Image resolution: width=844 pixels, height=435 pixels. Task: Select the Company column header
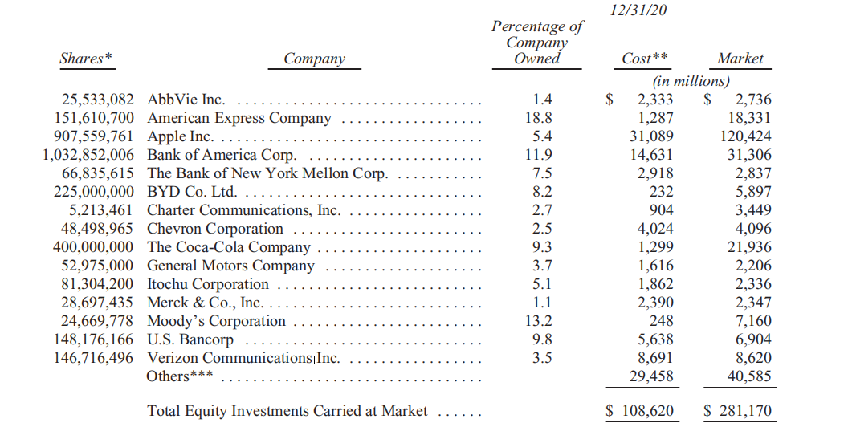pyautogui.click(x=315, y=59)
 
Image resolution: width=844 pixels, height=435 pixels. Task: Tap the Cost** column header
pyautogui.click(x=646, y=59)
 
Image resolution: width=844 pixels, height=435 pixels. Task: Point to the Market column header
pyautogui.click(x=740, y=59)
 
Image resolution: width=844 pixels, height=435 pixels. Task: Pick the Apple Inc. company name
pyautogui.click(x=180, y=136)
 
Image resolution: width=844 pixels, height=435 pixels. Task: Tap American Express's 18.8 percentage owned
pyautogui.click(x=543, y=118)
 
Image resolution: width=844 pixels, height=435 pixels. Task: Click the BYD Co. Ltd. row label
pyautogui.click(x=191, y=192)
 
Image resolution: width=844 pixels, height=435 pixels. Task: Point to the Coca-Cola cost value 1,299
pyautogui.click(x=655, y=247)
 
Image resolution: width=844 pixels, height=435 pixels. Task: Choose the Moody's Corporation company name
pyautogui.click(x=216, y=321)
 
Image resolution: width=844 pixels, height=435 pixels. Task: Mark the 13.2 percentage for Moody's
pyautogui.click(x=543, y=321)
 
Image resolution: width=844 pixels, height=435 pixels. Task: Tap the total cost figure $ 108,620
pyautogui.click(x=641, y=411)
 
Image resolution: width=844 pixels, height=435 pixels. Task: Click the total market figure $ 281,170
pyautogui.click(x=738, y=411)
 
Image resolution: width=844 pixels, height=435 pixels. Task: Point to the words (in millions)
pyautogui.click(x=691, y=81)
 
